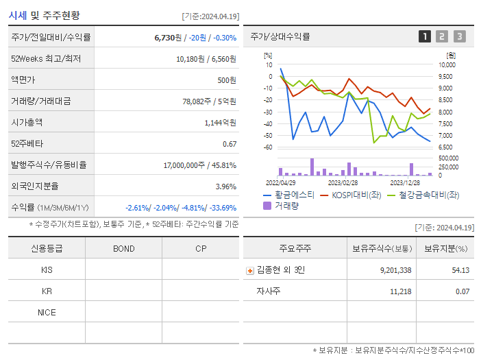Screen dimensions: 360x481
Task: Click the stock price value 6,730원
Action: [168, 38]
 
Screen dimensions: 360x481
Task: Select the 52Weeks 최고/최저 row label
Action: [46, 59]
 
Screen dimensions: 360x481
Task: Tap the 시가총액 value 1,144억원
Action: [220, 123]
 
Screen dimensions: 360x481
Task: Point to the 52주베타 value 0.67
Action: [230, 144]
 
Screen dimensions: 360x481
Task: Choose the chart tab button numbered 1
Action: [425, 36]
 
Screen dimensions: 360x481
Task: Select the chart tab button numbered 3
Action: [459, 36]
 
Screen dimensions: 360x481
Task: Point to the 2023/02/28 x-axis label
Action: [343, 183]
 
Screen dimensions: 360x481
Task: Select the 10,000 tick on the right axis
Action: [447, 65]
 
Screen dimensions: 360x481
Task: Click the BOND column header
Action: [123, 248]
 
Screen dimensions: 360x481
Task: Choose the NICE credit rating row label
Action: [47, 312]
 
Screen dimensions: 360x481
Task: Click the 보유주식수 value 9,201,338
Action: [395, 270]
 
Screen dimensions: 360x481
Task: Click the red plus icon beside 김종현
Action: [250, 271]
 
